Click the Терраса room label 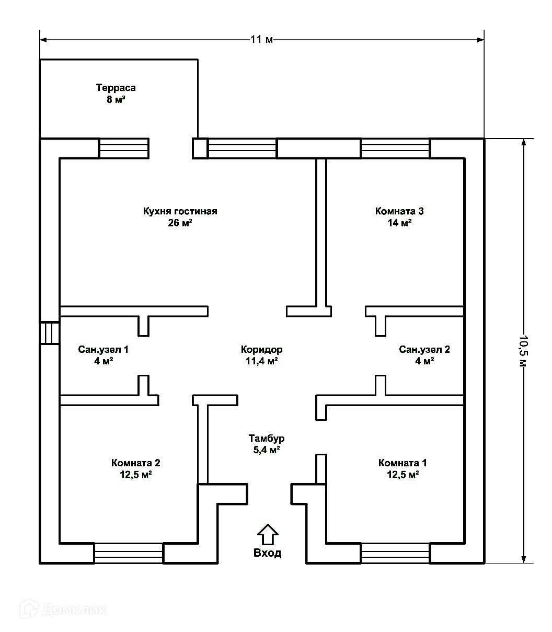(x=116, y=88)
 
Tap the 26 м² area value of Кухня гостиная (x=180, y=223)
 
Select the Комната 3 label (x=399, y=211)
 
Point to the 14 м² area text (x=399, y=223)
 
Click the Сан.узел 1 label (x=103, y=349)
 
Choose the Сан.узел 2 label (x=424, y=349)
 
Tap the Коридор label (x=262, y=349)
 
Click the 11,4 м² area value (x=262, y=361)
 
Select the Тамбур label (x=267, y=438)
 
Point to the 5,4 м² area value (x=267, y=450)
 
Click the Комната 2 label (x=135, y=463)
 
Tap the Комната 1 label (x=402, y=463)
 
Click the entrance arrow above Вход (x=267, y=534)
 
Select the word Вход (x=267, y=553)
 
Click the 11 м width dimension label (x=262, y=40)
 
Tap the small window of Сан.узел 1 (x=50, y=332)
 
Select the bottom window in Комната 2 (x=129, y=553)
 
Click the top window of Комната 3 (x=395, y=148)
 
